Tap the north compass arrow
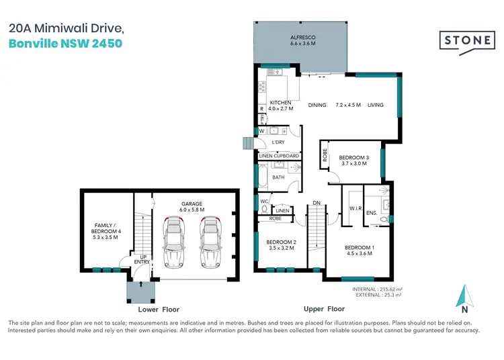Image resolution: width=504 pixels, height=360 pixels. pyautogui.click(x=462, y=296)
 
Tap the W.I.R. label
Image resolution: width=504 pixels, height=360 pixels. pyautogui.click(x=355, y=209)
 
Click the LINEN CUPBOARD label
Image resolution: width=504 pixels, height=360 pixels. pyautogui.click(x=278, y=156)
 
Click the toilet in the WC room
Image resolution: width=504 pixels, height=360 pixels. pyautogui.click(x=263, y=209)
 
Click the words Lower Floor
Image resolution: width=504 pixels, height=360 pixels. pyautogui.click(x=157, y=309)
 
